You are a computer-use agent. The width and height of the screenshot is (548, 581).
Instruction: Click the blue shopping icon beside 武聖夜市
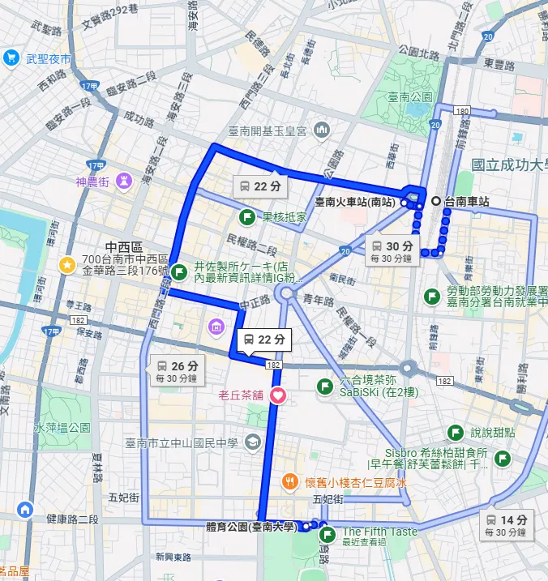(11, 58)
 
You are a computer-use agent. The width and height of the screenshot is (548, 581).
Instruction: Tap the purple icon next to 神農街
(124, 180)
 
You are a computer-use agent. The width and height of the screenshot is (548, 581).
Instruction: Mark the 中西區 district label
(123, 246)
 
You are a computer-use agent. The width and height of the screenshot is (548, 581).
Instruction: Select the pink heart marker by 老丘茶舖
(277, 395)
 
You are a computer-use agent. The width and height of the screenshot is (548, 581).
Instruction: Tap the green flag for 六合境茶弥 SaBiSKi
(325, 386)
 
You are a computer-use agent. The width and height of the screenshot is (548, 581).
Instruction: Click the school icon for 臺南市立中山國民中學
(252, 442)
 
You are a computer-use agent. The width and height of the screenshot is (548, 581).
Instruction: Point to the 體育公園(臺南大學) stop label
(250, 527)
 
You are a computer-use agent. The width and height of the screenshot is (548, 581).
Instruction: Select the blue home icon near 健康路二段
(24, 510)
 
